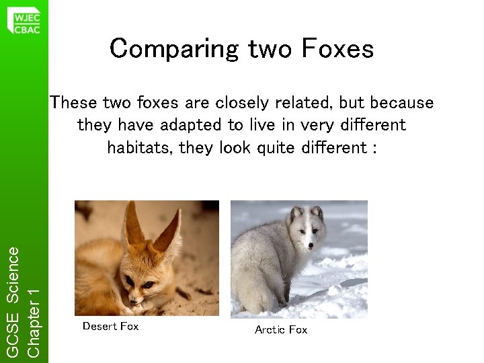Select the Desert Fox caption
coord(110,326)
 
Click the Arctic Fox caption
coord(281,329)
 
